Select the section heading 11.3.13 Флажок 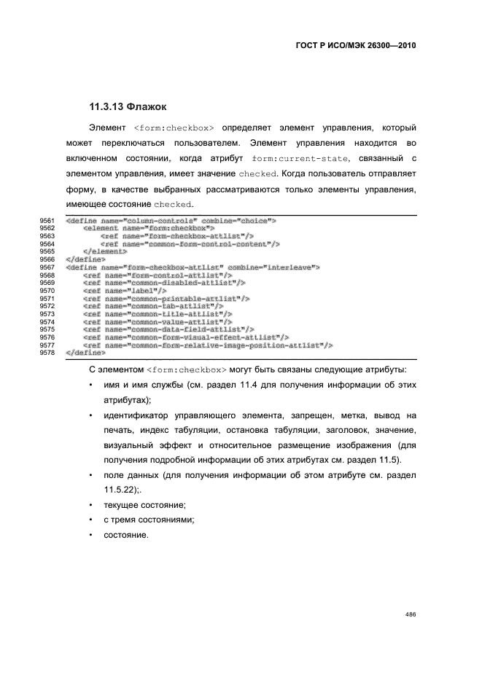click(x=128, y=106)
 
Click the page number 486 click(x=411, y=614)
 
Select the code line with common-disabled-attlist click(x=164, y=283)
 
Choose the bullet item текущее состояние click(x=144, y=504)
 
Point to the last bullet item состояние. click(x=125, y=536)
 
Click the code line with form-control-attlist click(x=156, y=275)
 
